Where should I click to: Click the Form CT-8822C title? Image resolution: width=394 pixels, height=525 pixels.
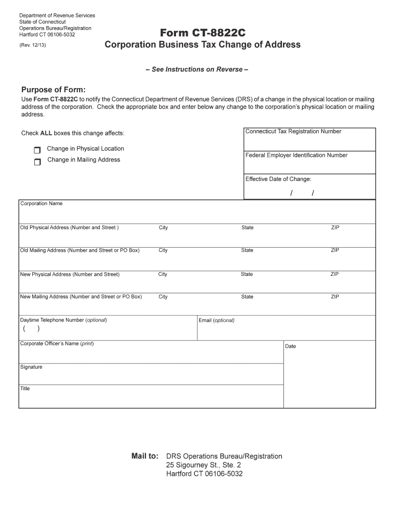coord(203,33)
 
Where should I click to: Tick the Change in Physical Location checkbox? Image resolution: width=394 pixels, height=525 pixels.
coord(37,150)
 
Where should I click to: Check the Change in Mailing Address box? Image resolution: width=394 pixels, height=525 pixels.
coord(37,162)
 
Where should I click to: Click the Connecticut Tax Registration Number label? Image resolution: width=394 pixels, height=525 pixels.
coord(293,132)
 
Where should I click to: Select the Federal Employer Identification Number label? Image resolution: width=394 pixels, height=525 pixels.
coord(296,155)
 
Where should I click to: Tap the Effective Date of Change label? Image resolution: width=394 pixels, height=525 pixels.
coord(278,179)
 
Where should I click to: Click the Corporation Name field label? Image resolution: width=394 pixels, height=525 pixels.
coord(41,204)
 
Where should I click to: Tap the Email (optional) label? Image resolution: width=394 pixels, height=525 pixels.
coord(216,321)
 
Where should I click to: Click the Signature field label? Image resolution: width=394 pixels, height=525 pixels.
coord(31,367)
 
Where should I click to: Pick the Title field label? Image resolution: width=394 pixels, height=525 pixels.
coord(25,389)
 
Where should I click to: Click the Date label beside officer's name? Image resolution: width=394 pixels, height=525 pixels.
coord(291,347)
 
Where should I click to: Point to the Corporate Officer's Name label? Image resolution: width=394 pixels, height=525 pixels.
coord(57,344)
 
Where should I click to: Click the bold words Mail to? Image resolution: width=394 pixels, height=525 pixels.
coord(145,456)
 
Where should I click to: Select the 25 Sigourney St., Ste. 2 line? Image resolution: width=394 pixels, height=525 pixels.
coord(204,465)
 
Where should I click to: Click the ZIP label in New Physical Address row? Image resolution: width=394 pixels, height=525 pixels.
coord(335,274)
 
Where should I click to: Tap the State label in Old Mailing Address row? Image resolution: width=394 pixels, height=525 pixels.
coord(247,251)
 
